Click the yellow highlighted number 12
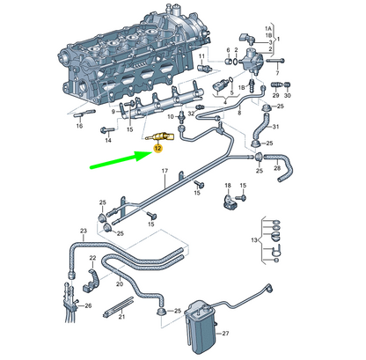pyautogui.click(x=158, y=150)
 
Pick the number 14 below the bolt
pyautogui.click(x=108, y=141)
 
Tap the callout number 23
pyautogui.click(x=84, y=232)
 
